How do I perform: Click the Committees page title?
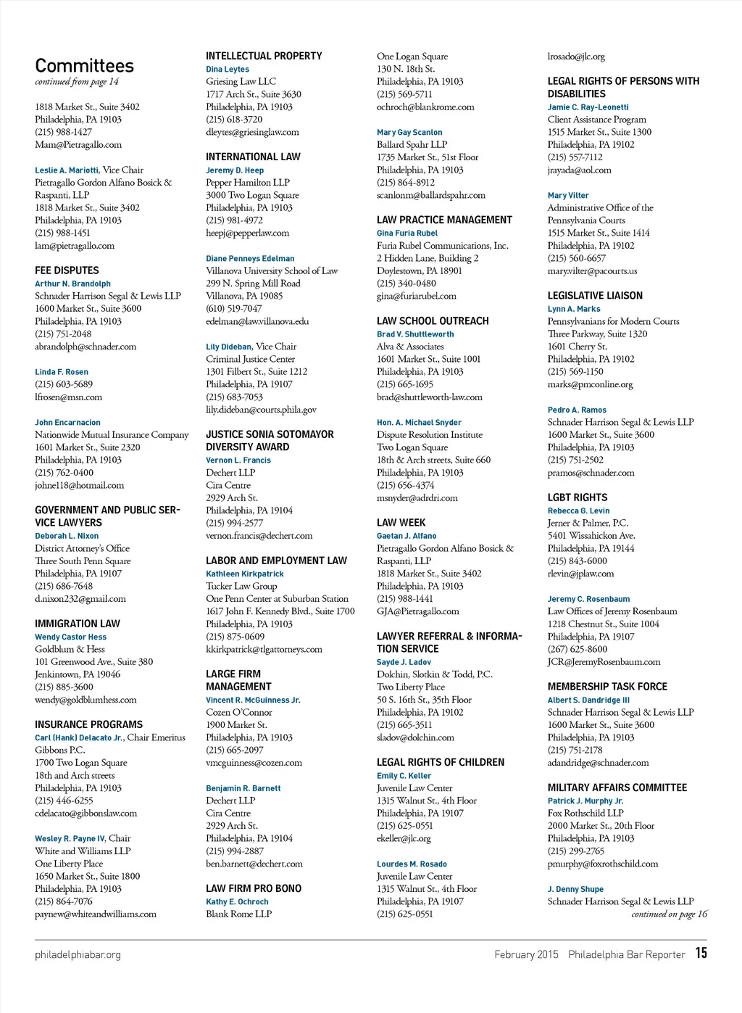[84, 66]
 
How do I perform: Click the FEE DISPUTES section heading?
[67, 270]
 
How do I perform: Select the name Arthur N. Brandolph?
[72, 284]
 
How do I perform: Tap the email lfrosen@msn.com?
[68, 397]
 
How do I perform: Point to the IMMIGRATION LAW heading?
[78, 624]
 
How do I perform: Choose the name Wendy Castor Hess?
[70, 637]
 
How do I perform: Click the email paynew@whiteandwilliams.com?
[96, 914]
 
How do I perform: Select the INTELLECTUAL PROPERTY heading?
[264, 56]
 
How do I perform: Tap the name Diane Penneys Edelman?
[250, 258]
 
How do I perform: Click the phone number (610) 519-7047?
[234, 309]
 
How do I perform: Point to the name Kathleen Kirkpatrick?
[245, 574]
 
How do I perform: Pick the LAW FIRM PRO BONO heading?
[254, 889]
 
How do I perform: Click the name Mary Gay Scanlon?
[409, 132]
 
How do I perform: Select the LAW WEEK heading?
[401, 523]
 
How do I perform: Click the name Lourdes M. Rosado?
[412, 864]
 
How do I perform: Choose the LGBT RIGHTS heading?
[578, 497]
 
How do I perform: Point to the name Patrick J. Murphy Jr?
[585, 801]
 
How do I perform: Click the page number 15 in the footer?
[701, 953]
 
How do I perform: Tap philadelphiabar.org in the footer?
[78, 954]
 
